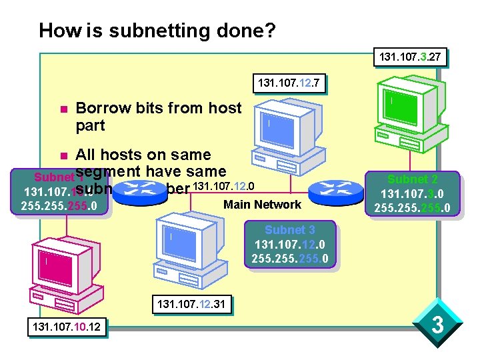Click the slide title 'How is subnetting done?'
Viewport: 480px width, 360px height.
click(x=157, y=31)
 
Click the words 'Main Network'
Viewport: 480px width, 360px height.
click(x=262, y=204)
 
